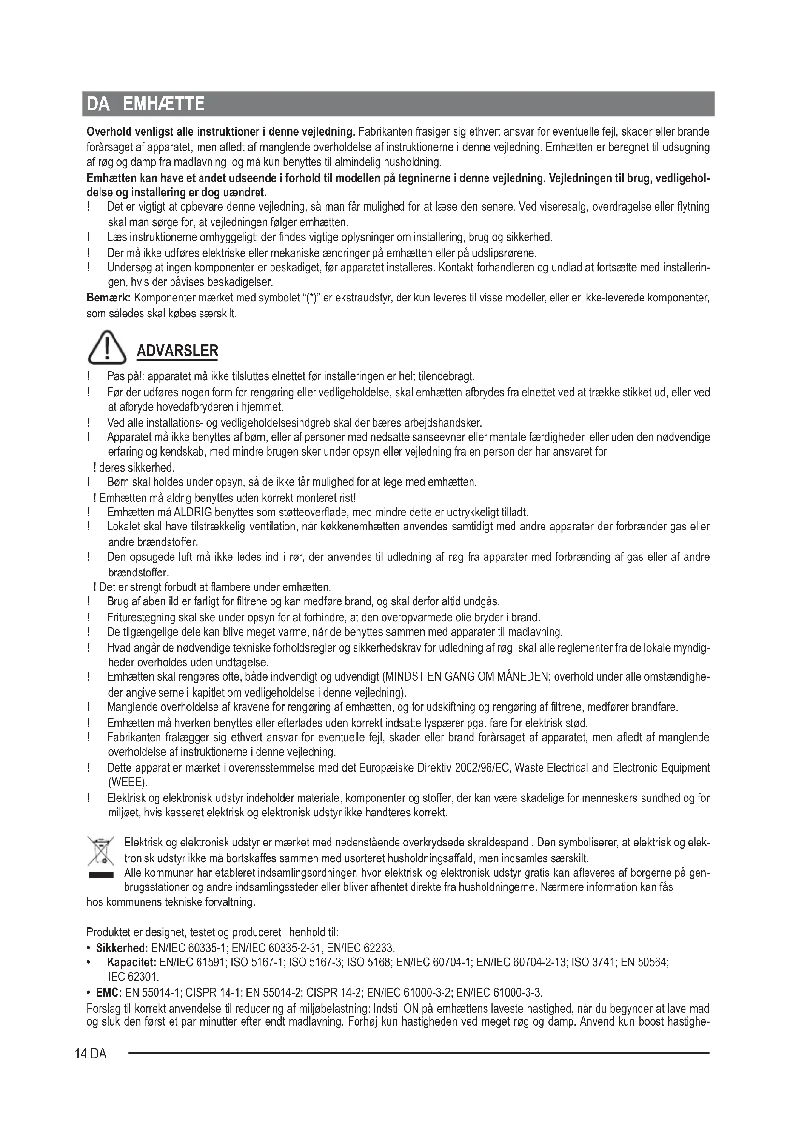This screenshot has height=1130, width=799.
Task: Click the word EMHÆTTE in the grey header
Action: point(163,104)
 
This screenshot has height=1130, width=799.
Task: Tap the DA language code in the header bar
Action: point(99,104)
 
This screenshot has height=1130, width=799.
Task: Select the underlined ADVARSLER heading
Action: point(177,351)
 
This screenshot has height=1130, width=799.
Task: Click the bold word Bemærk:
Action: point(109,298)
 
